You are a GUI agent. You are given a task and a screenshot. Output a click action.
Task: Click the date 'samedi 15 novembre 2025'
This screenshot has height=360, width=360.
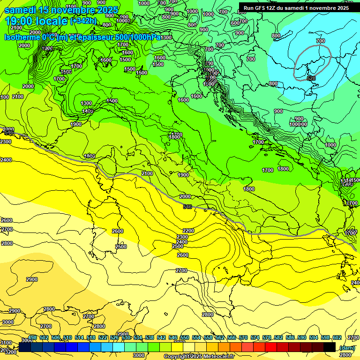coord(61,10)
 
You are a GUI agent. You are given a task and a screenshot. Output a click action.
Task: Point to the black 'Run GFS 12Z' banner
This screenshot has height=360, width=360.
coord(296,7)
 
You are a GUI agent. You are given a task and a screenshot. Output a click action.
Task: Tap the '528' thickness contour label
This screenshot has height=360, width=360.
coord(311,78)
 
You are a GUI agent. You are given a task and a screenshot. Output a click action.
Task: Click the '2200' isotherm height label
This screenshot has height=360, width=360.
coord(188,231)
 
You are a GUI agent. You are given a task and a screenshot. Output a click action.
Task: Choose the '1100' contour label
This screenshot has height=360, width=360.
coord(71,7)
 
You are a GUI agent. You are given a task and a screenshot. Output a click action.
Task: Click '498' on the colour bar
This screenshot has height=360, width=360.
coord(32,337)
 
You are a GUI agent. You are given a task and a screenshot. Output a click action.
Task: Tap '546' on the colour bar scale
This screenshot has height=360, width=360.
coord(173,337)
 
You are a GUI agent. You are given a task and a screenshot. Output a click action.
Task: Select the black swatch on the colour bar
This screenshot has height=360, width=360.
coord(330,347)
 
